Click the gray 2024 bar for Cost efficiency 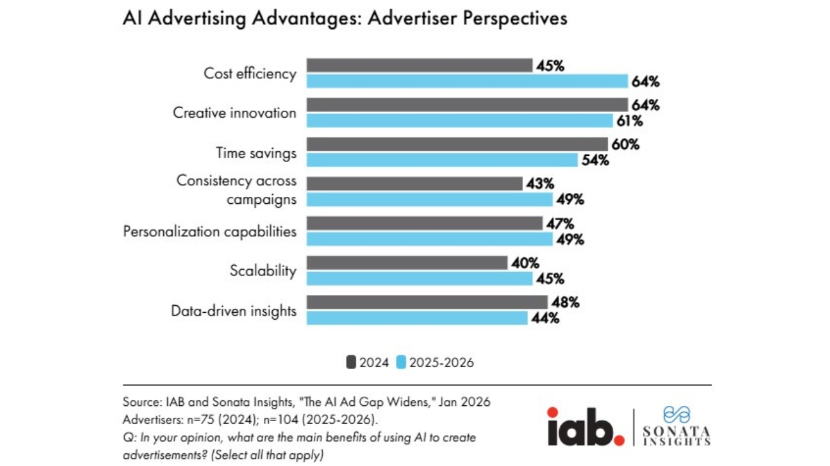(419, 66)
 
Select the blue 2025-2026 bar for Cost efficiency (467, 82)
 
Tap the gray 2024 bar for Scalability (407, 263)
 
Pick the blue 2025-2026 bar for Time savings (442, 160)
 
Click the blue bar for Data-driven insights (417, 318)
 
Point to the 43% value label (540, 184)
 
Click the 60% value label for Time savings (626, 145)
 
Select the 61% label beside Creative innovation (630, 121)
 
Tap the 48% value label (565, 303)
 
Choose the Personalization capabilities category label (209, 232)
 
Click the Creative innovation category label (234, 113)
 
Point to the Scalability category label (263, 271)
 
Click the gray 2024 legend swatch (351, 363)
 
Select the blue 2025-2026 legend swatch (401, 363)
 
